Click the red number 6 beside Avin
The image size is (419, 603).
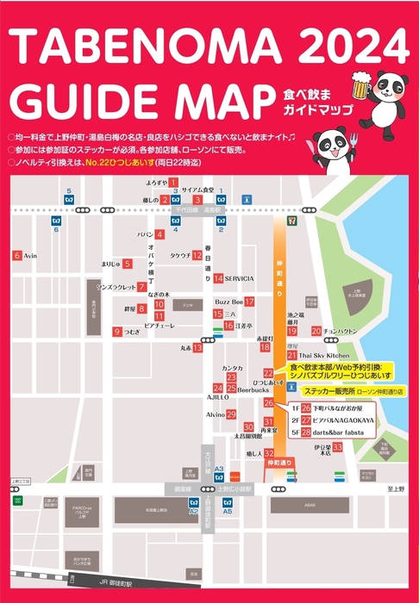coord(16,256)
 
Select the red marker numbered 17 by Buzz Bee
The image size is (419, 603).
coord(249,302)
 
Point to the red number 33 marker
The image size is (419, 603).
coord(338,447)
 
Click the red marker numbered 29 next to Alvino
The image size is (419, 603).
coord(232,414)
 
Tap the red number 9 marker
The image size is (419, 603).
coord(117,332)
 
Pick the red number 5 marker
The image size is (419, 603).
coord(128,264)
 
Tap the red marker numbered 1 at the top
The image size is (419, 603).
coord(173,183)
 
